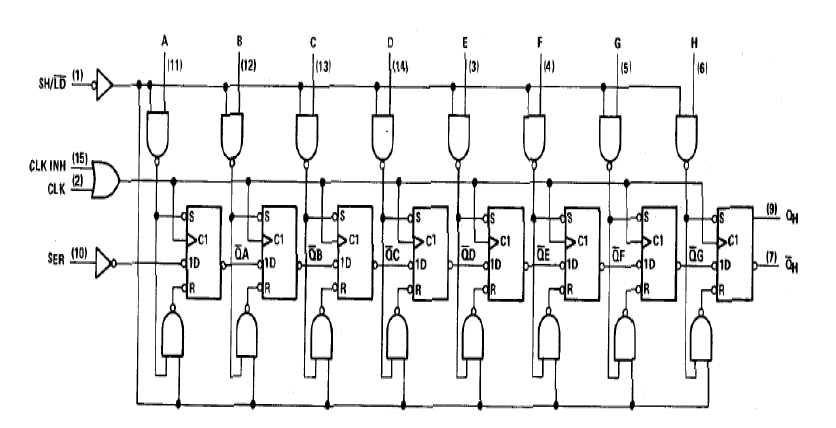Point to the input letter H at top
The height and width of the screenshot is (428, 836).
(x=693, y=42)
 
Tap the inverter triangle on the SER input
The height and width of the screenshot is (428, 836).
(x=106, y=265)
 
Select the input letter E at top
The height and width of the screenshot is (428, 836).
(x=465, y=42)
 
